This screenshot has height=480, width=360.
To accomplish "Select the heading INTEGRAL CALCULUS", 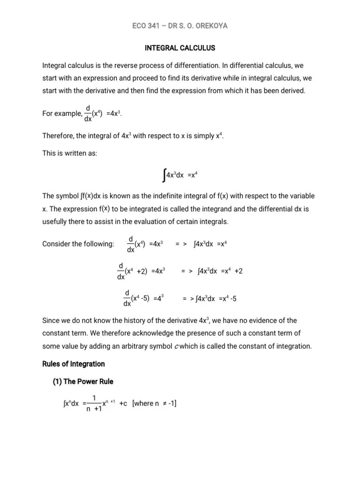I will point(180,48).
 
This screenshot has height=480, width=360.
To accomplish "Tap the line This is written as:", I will point(69,154).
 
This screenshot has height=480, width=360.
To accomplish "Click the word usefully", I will point(55,222).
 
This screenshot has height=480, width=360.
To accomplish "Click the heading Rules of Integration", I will point(74,364).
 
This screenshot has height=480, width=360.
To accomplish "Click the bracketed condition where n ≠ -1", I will point(155,404).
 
